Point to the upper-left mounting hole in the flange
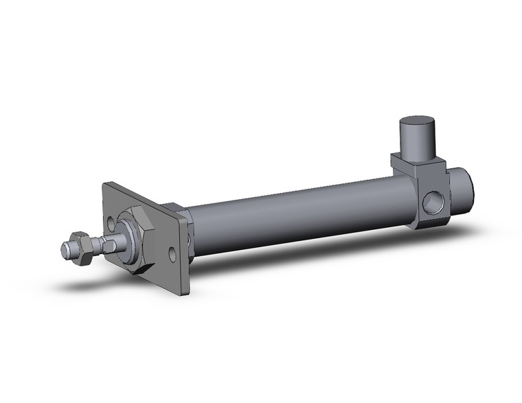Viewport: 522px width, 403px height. (113, 222)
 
